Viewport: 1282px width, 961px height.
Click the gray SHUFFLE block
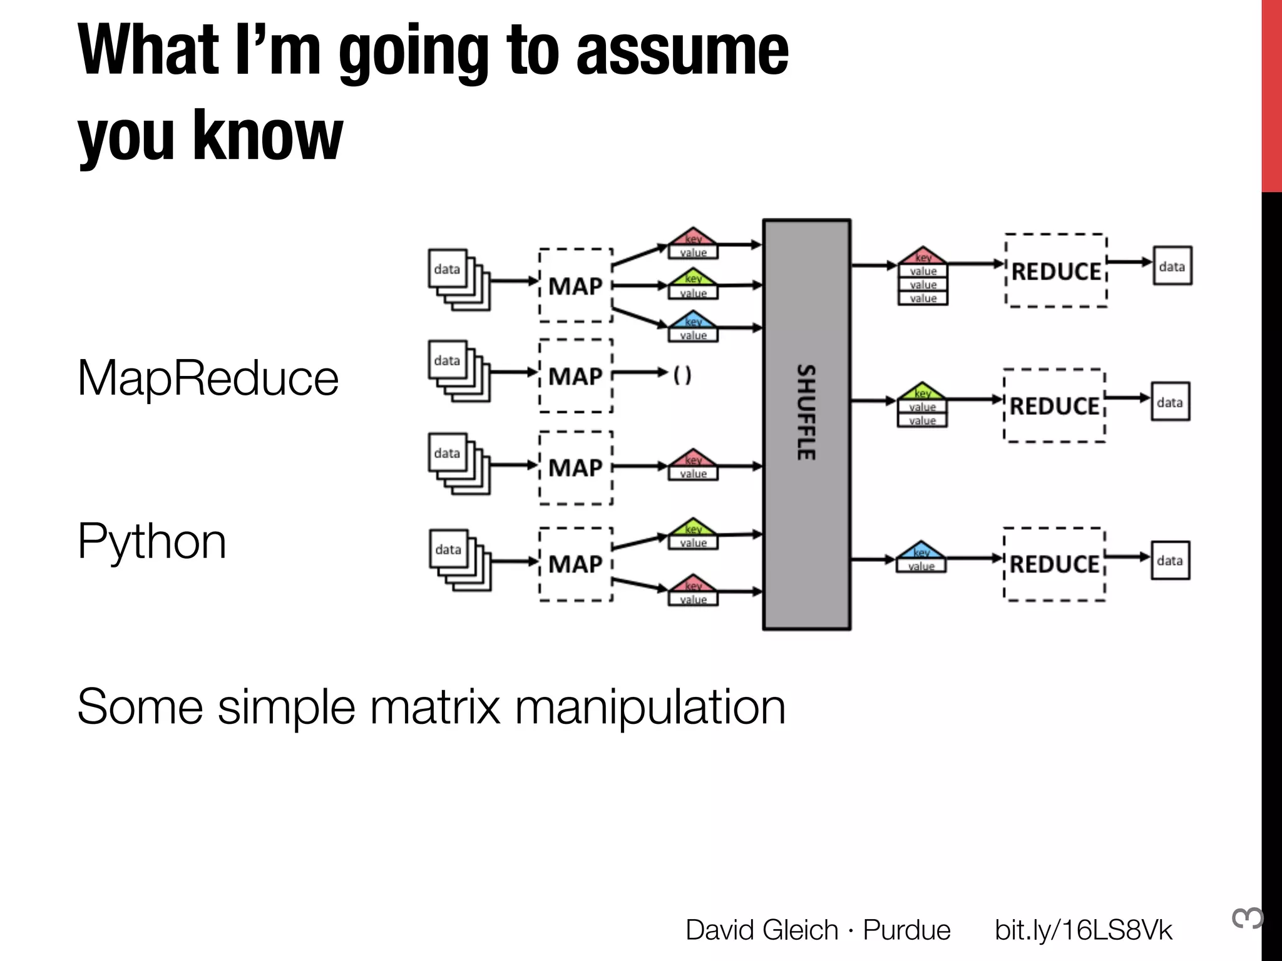click(x=806, y=424)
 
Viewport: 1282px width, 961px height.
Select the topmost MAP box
click(x=575, y=286)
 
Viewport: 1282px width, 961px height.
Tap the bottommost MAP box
click(x=575, y=564)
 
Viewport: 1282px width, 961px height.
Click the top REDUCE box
click(x=1056, y=271)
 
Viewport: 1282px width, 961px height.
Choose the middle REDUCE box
click(x=1055, y=406)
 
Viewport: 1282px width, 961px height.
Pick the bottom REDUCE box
click(x=1055, y=564)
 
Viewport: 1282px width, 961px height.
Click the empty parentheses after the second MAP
click(x=682, y=375)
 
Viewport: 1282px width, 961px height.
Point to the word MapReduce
click(x=208, y=378)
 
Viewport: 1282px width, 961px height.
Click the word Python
click(x=151, y=541)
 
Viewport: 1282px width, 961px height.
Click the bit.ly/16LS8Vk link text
click(x=1083, y=930)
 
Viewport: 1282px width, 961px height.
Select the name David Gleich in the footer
click(x=761, y=930)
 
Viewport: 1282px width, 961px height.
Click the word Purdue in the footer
click(x=906, y=930)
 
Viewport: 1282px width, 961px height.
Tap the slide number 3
click(x=1247, y=918)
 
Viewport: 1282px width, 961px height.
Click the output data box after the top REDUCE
click(x=1172, y=266)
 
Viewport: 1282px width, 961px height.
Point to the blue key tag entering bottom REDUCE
click(x=921, y=557)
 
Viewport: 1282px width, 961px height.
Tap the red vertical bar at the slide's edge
click(x=1271, y=94)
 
